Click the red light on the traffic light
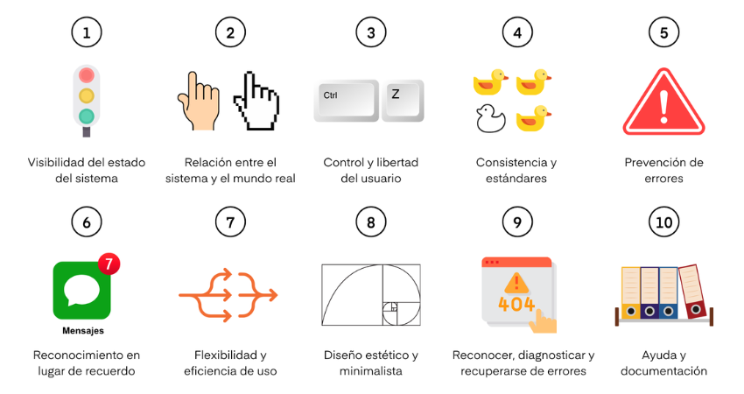[87, 75]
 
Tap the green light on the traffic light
[87, 116]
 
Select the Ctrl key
[346, 100]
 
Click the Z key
[403, 100]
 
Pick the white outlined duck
[491, 118]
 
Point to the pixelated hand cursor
[256, 101]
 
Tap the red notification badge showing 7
[109, 264]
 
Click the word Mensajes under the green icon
[83, 330]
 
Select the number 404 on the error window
[516, 304]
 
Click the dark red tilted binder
[692, 292]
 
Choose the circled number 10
[663, 222]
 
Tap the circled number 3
[371, 32]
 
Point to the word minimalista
[371, 370]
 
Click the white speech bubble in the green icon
[81, 290]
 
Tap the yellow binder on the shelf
[630, 292]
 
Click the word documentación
[663, 370]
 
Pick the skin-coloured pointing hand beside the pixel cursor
[199, 101]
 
